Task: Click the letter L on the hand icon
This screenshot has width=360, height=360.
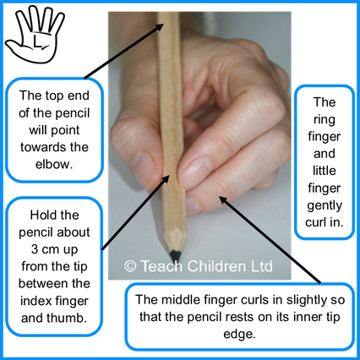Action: click(x=37, y=41)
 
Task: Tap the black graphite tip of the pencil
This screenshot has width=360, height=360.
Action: click(x=176, y=255)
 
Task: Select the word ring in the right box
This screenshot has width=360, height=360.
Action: click(x=324, y=120)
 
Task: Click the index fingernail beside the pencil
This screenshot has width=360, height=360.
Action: click(x=195, y=168)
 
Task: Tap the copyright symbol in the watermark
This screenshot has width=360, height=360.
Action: click(x=130, y=266)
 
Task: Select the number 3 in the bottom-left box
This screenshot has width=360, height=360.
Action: click(x=35, y=249)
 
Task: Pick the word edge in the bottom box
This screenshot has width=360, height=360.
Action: click(x=238, y=335)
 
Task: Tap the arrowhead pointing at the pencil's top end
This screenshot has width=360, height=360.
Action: click(x=159, y=28)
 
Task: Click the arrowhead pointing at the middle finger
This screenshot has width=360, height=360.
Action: click(x=223, y=200)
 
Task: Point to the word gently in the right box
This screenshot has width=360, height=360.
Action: click(x=325, y=205)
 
